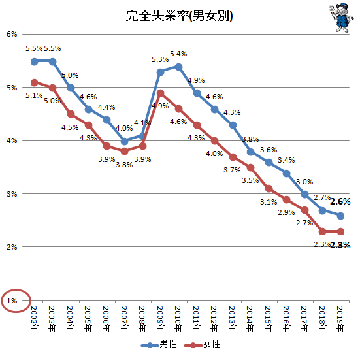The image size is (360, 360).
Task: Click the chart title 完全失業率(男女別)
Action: coord(179,16)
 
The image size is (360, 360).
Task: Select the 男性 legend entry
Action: coord(159,344)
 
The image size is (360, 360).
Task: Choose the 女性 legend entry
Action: coord(202,344)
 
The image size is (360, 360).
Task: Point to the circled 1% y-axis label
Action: coord(12,301)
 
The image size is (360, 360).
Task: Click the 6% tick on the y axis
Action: coord(12,34)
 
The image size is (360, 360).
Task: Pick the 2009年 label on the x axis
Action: coord(161,319)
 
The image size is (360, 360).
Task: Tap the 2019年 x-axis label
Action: coord(340,319)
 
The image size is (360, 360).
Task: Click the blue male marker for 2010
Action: coord(178,67)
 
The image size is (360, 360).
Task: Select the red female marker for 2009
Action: coord(161,93)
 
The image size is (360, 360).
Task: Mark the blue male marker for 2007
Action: coord(124,141)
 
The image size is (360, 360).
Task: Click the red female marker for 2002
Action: coord(35,83)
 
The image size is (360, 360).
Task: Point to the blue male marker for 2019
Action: coord(340,216)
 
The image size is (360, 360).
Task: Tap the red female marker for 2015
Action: coord(269,189)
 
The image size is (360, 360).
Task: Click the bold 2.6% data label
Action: coord(340,202)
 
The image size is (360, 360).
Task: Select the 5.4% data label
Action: coord(178,54)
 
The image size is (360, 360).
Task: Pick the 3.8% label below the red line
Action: coord(124,165)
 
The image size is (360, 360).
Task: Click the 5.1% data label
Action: coord(34,95)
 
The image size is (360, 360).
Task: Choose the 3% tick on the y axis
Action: coord(12,194)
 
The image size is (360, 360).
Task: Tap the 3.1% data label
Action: coord(269,202)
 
